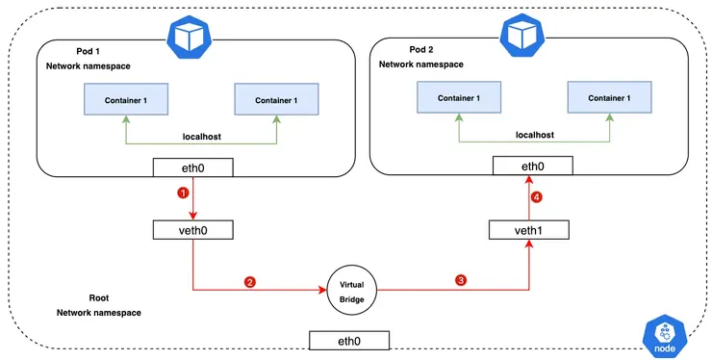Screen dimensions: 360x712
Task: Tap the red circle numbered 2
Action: [x=250, y=281]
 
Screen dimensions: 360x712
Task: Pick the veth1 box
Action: [x=528, y=230]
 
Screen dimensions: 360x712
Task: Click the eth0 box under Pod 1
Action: [x=194, y=168]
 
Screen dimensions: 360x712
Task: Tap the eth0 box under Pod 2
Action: [x=528, y=167]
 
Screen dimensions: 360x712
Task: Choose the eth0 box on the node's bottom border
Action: [x=349, y=340]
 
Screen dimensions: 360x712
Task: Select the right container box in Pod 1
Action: [x=276, y=99]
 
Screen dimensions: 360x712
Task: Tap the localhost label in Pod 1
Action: [x=202, y=138]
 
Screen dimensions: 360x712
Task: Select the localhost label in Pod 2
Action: [x=536, y=136]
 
